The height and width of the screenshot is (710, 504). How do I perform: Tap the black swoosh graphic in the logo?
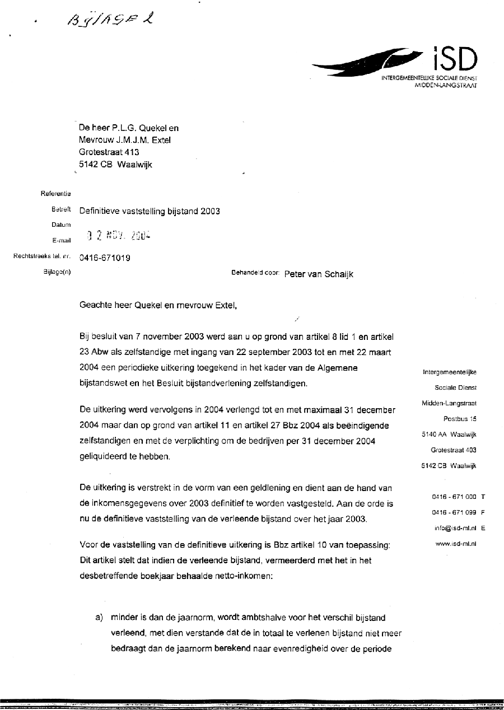click(x=367, y=63)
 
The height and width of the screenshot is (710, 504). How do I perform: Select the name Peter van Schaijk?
click(x=319, y=274)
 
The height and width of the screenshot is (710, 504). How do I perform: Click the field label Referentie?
click(x=55, y=194)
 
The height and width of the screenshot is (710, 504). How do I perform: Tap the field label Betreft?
click(x=61, y=211)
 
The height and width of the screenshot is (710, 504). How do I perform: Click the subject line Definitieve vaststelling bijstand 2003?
click(x=150, y=211)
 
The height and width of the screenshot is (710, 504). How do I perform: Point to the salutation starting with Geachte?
click(x=155, y=306)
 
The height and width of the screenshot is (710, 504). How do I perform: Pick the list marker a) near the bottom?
click(x=100, y=618)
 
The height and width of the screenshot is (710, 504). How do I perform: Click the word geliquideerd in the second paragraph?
click(x=104, y=456)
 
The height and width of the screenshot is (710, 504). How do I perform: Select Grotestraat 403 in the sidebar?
click(x=453, y=450)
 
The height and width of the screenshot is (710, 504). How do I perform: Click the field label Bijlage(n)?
click(x=57, y=272)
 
